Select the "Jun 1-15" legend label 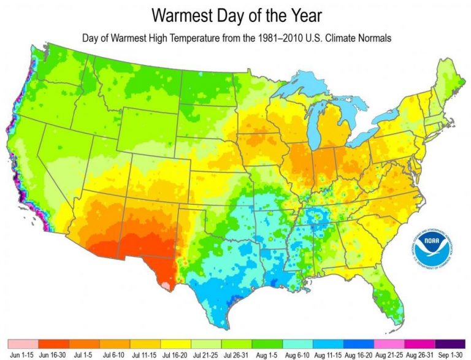click(23, 354)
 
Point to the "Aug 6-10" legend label click(297, 354)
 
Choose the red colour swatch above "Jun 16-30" click(53, 343)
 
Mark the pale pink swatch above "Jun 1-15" click(23, 343)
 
